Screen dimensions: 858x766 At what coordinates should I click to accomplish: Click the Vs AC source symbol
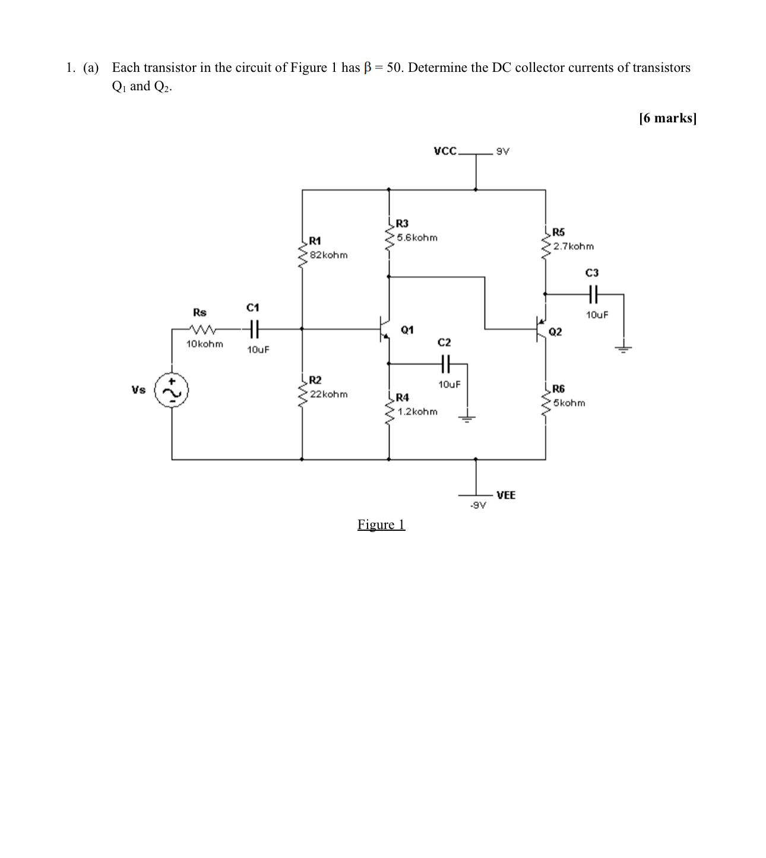172,391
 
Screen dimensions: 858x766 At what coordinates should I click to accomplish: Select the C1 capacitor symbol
253,328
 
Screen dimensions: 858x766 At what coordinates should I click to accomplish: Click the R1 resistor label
315,240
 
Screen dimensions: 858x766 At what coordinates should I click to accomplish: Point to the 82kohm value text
329,255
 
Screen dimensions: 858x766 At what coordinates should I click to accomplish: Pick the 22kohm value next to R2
329,394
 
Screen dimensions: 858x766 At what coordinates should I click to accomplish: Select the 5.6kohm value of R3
417,238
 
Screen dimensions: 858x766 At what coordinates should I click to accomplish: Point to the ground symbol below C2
467,418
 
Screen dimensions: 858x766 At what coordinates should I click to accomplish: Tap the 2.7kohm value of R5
573,246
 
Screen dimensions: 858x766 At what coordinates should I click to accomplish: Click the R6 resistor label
558,389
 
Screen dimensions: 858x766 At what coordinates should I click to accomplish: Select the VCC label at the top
445,151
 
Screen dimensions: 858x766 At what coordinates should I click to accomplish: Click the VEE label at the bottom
506,495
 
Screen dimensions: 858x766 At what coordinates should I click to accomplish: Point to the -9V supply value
478,506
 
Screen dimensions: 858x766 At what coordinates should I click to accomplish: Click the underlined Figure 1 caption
381,524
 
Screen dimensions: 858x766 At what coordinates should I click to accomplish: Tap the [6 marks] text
667,118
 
